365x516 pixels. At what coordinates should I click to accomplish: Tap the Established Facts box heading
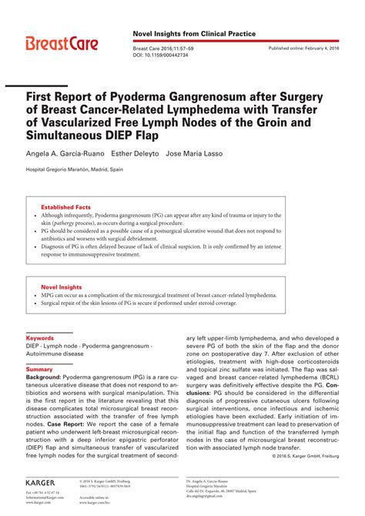pyautogui.click(x=65, y=206)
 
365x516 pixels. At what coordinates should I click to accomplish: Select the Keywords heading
pyautogui.click(x=40, y=338)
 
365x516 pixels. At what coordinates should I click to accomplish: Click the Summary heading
pyautogui.click(x=39, y=370)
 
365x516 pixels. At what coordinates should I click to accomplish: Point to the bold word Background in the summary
pyautogui.click(x=43, y=379)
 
